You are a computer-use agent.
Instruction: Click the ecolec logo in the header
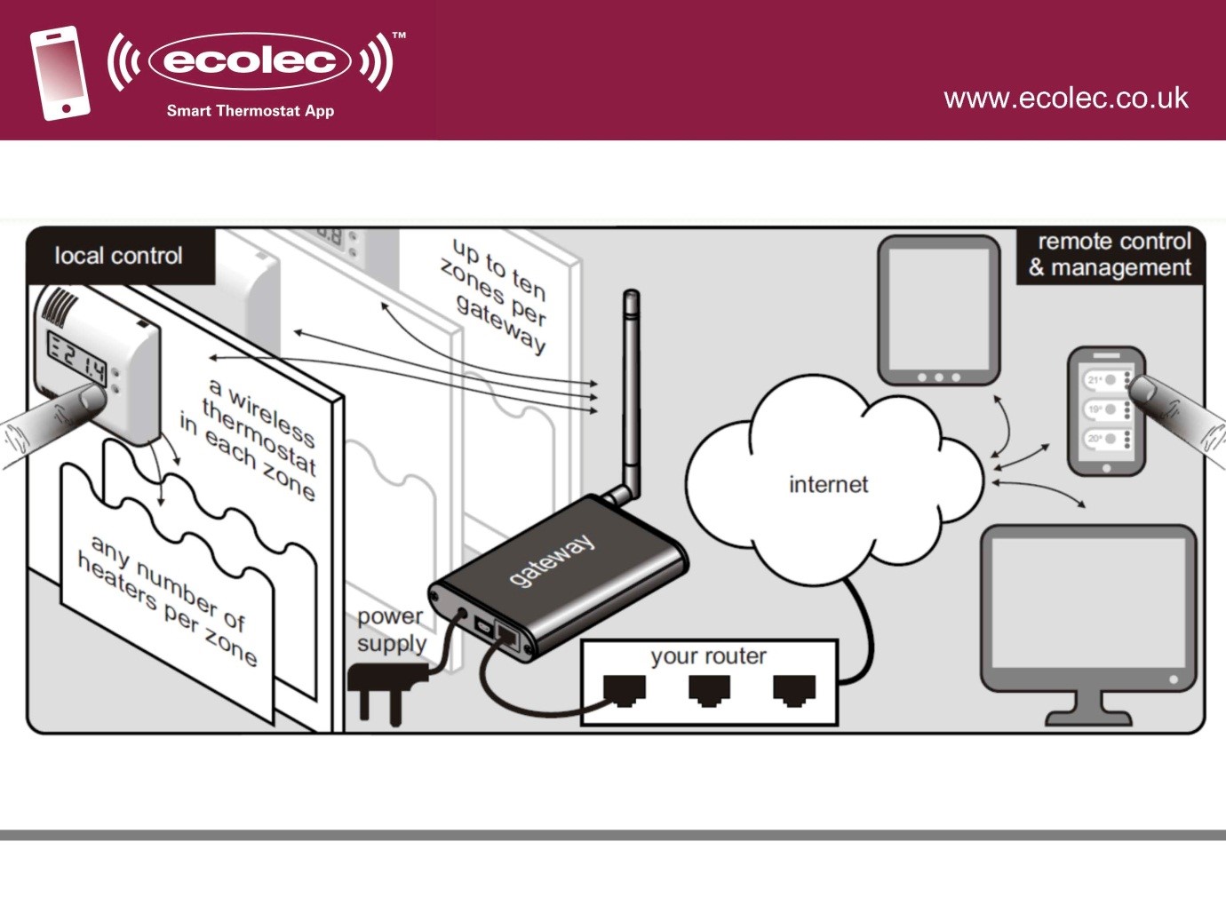pos(250,60)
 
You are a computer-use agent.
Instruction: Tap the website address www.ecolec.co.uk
pos(1065,98)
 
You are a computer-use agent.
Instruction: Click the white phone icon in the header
pos(60,73)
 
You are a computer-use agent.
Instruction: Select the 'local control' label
pos(118,256)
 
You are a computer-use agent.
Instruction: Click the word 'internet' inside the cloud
pos(828,484)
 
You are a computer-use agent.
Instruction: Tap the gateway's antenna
pos(630,391)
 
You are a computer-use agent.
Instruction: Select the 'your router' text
pos(708,656)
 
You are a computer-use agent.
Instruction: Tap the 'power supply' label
pos(391,629)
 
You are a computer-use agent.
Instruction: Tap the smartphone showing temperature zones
pos(1105,410)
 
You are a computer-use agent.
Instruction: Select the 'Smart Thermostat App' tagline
pos(251,111)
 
